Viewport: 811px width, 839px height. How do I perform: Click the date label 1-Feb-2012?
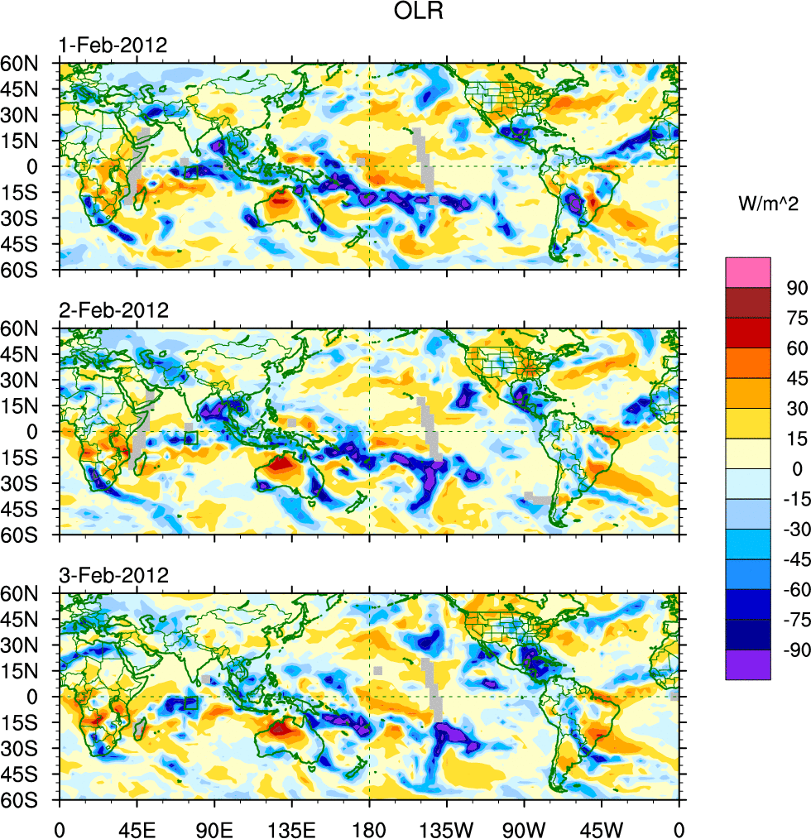[113, 46]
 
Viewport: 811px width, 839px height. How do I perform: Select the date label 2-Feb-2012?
[113, 311]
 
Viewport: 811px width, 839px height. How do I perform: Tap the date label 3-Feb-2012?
[113, 575]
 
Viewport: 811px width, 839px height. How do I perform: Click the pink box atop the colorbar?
[748, 272]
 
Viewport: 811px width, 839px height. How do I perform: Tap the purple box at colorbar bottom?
[748, 665]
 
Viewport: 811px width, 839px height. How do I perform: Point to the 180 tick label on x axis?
[369, 827]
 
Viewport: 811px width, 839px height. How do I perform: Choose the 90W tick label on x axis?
[524, 827]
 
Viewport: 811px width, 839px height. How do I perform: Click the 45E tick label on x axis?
[137, 827]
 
